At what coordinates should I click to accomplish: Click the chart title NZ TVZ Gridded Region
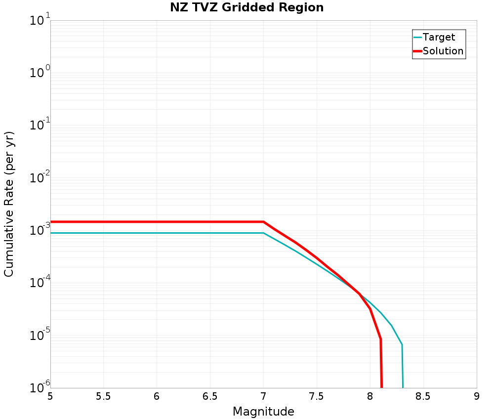247,7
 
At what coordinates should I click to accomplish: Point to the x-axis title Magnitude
263,412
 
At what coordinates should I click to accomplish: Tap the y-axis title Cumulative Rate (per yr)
9,204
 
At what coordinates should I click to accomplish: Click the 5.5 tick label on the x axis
103,397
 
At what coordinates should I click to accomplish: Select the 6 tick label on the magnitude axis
157,397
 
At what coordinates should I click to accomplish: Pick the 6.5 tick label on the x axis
210,397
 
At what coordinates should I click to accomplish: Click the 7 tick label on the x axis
263,397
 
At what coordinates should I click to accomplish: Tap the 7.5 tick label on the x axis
317,397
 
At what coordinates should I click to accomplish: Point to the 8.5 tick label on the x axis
423,397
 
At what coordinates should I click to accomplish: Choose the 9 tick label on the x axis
477,397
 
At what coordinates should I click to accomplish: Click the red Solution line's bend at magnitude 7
263,222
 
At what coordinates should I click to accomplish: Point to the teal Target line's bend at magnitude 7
263,233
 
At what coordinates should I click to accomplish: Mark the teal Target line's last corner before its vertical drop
402,344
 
